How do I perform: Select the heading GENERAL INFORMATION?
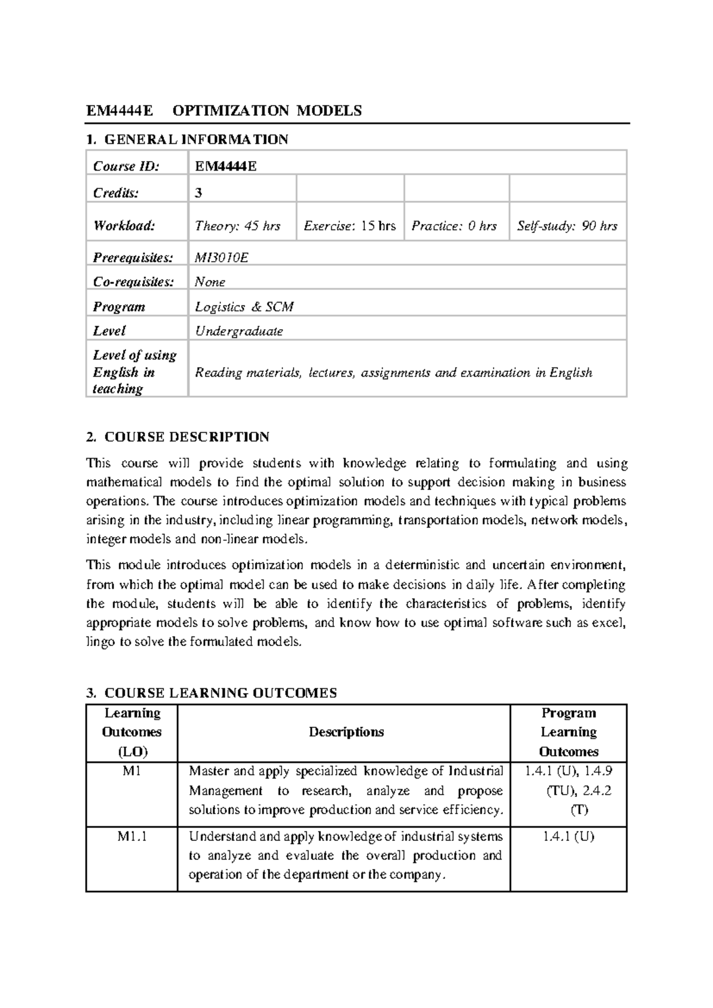(196, 140)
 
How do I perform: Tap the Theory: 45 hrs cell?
(238, 226)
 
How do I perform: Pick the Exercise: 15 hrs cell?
(349, 226)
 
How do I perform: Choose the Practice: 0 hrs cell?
(454, 226)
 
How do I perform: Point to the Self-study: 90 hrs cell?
(567, 226)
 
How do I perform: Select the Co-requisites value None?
(210, 282)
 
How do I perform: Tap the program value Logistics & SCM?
(244, 307)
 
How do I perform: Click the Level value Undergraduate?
(239, 331)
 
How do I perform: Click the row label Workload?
(124, 226)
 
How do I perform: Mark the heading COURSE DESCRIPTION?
(187, 437)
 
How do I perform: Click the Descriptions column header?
(346, 732)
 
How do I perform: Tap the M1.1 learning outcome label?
(132, 837)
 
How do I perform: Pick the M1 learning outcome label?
(132, 771)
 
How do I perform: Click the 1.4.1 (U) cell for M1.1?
(568, 837)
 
